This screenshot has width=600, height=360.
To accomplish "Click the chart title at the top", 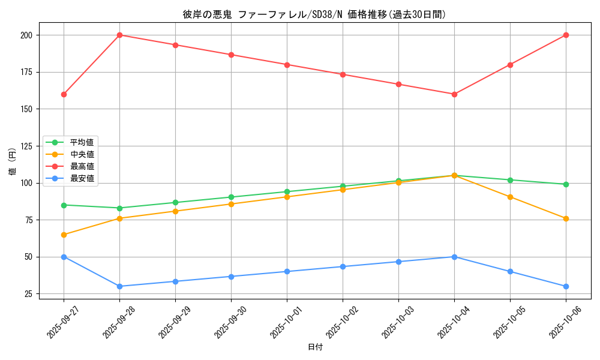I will coord(314,14).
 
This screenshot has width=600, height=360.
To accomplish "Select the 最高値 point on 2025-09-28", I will coord(119,35).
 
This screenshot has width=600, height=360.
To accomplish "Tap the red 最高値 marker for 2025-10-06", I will coord(566,35).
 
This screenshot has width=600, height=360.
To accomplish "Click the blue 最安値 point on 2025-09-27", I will coord(64,257).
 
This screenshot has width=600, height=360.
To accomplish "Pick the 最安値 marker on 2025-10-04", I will coord(454,257).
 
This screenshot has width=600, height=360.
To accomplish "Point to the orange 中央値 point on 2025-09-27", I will coord(64,235).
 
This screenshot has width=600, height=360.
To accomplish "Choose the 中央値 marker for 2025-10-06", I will coord(566,218).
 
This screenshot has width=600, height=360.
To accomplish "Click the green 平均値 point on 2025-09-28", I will coord(119,208).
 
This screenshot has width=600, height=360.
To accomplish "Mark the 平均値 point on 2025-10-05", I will coord(510,180).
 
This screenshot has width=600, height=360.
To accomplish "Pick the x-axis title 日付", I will coord(315,347).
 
